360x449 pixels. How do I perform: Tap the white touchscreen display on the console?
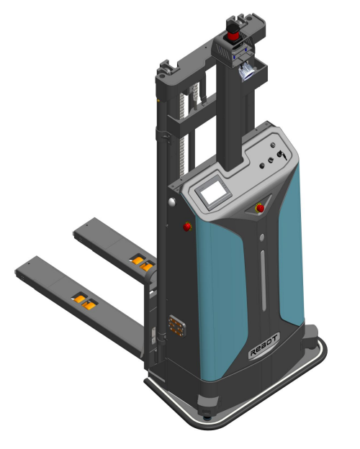(x=213, y=191)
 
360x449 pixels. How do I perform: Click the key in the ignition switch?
(x=283, y=155)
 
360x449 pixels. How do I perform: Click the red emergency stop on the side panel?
(x=187, y=227)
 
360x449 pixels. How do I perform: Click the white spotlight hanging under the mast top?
(x=246, y=71)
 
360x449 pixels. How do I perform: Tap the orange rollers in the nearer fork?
(x=85, y=302)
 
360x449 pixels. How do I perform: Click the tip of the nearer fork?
(x=18, y=272)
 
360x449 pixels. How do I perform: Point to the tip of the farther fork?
(x=76, y=234)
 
